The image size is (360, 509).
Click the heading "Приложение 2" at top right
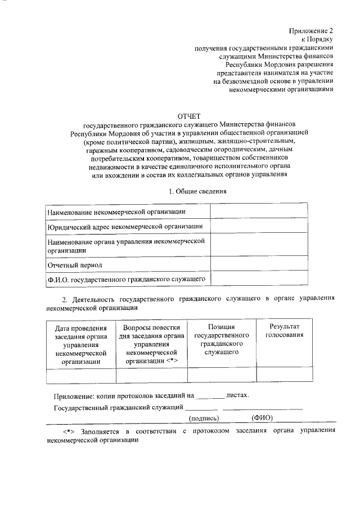pyautogui.click(x=311, y=30)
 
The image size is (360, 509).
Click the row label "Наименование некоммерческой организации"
pyautogui.click(x=116, y=211)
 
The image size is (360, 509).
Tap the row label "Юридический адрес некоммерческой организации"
pyautogui.click(x=125, y=226)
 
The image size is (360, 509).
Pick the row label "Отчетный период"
pyautogui.click(x=74, y=264)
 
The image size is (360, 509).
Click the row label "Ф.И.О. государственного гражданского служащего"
pyautogui.click(x=125, y=278)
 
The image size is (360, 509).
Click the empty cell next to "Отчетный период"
pyautogui.click(x=259, y=264)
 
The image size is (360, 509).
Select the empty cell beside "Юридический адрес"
pyautogui.click(x=259, y=226)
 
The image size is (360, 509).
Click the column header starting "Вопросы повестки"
pyautogui.click(x=151, y=344)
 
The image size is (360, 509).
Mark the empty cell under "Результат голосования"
pyautogui.click(x=285, y=375)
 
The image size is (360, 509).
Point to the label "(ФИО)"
pyautogui.click(x=263, y=418)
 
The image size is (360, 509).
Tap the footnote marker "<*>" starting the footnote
pyautogui.click(x=68, y=431)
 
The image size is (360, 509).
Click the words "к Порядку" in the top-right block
pyautogui.click(x=317, y=39)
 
